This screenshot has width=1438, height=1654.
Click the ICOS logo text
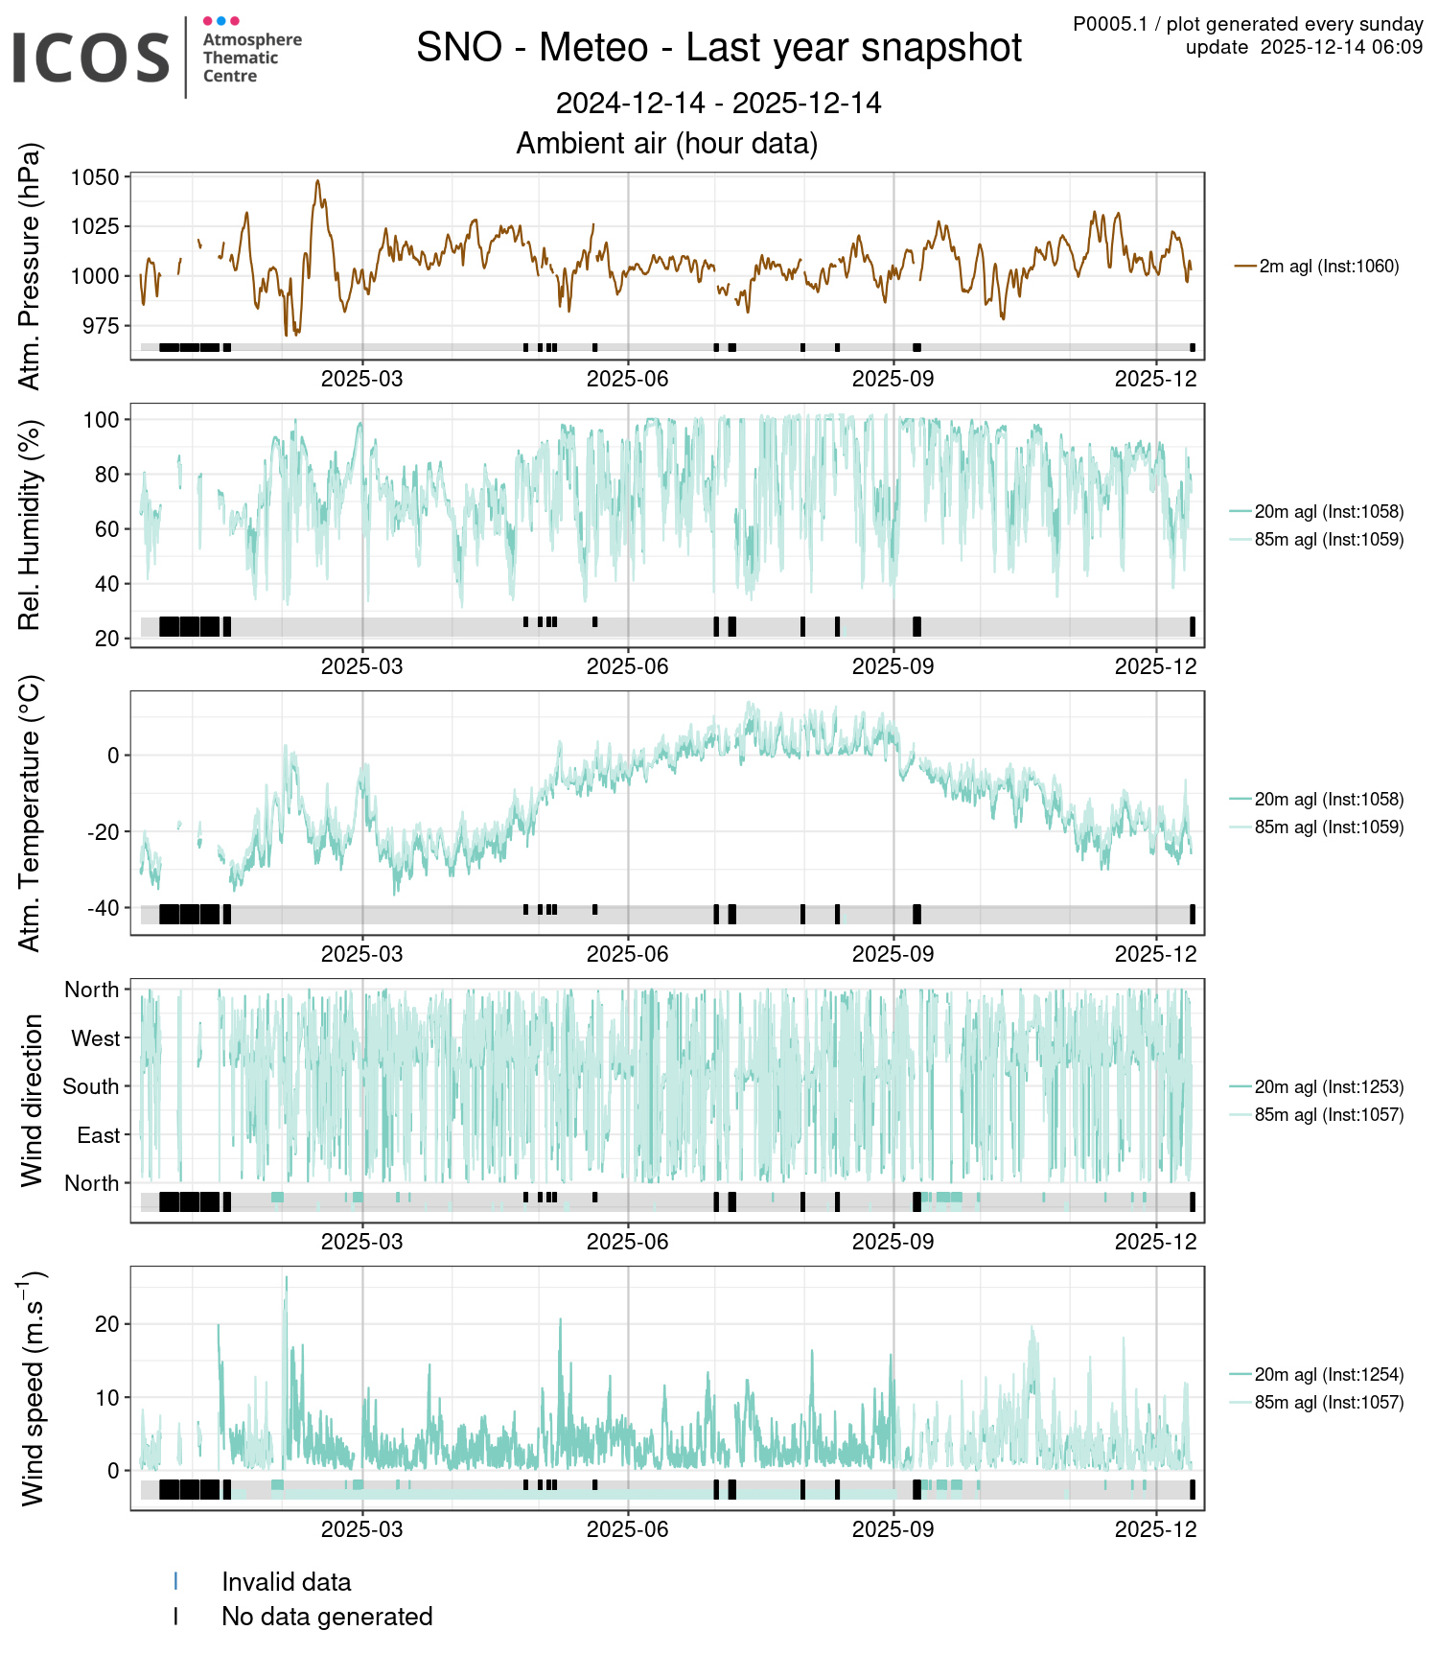tap(91, 58)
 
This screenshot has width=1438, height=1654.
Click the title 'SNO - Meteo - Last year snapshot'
tap(719, 48)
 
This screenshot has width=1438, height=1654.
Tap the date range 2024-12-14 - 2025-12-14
tap(719, 104)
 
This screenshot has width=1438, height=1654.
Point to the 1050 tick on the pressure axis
tap(95, 177)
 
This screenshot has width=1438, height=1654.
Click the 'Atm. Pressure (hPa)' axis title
tap(31, 267)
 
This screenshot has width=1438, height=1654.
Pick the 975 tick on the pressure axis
tap(101, 326)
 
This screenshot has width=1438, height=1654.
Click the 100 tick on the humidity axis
tap(101, 420)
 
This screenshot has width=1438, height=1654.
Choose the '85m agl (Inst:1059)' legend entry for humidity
tap(1329, 540)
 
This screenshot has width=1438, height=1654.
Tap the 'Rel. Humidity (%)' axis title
tap(31, 525)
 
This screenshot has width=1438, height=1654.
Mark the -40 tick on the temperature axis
tap(103, 908)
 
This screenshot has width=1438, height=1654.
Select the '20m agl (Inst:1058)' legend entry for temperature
tap(1329, 800)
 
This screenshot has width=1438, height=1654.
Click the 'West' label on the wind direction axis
tap(96, 1038)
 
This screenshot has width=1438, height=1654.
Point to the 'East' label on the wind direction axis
tap(99, 1135)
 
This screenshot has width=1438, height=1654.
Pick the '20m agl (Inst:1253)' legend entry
tap(1329, 1087)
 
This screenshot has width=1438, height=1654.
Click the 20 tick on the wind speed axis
tap(107, 1324)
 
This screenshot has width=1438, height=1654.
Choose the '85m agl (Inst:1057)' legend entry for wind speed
tap(1329, 1403)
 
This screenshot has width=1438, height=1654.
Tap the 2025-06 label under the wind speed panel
tap(627, 1529)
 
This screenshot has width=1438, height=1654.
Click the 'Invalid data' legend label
tap(286, 1582)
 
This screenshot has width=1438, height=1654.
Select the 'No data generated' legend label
tap(327, 1617)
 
